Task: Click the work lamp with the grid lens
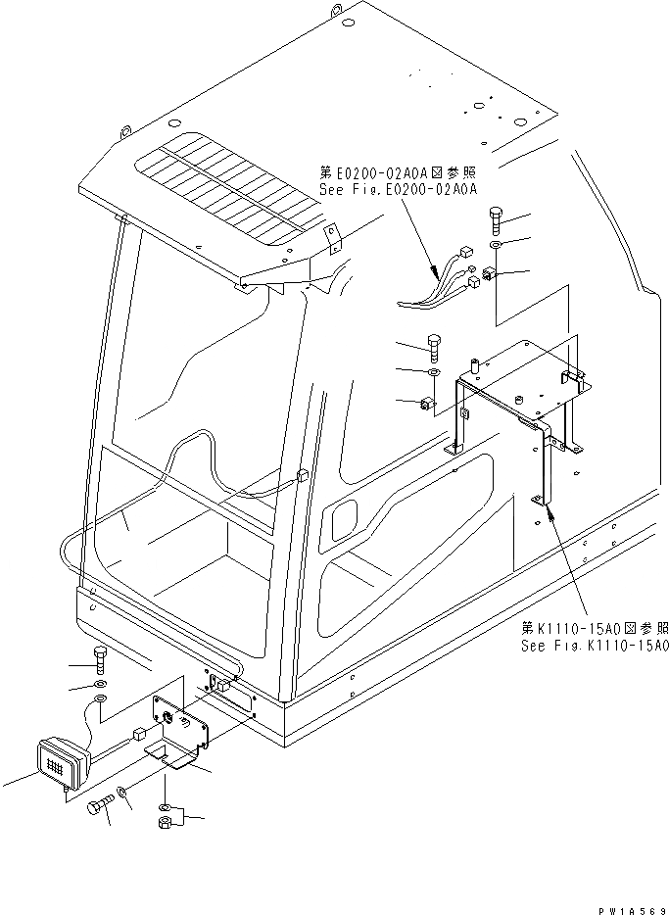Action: coord(61,762)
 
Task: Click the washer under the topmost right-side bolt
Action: coord(495,245)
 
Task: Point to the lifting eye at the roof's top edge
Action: coord(336,11)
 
